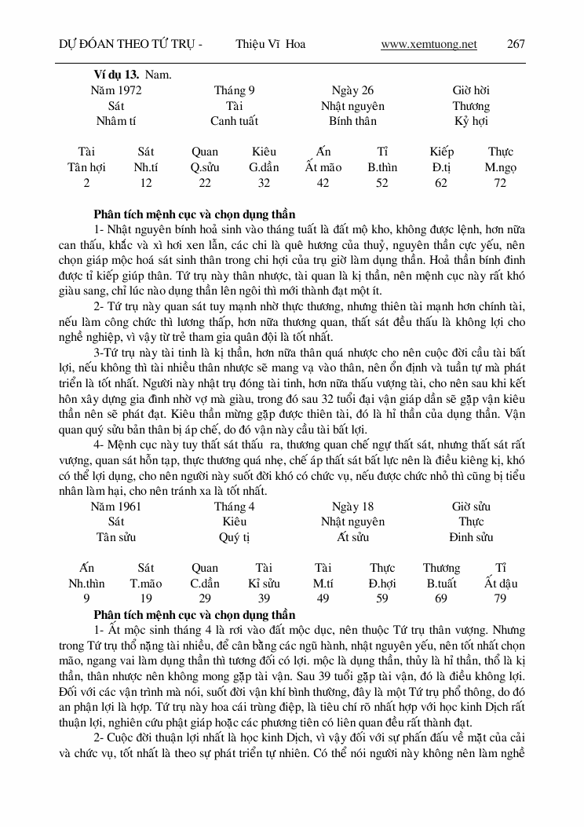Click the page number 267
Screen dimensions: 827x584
click(x=516, y=44)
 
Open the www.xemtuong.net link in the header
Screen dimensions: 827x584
click(x=429, y=44)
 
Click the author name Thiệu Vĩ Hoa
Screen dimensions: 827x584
click(x=270, y=44)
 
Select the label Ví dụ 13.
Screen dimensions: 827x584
click(x=116, y=75)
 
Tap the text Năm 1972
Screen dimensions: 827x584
click(x=116, y=90)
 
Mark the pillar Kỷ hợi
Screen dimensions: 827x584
click(x=471, y=121)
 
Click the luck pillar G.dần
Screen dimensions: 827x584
click(x=264, y=166)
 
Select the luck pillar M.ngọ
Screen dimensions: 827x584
click(x=501, y=166)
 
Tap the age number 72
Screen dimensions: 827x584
click(x=501, y=182)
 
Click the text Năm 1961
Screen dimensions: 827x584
click(x=116, y=507)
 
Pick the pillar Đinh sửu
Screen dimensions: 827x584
click(x=471, y=537)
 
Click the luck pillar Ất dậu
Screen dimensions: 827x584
click(x=501, y=583)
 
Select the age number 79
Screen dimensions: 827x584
click(x=501, y=598)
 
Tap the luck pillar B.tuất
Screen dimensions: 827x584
click(x=441, y=583)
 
